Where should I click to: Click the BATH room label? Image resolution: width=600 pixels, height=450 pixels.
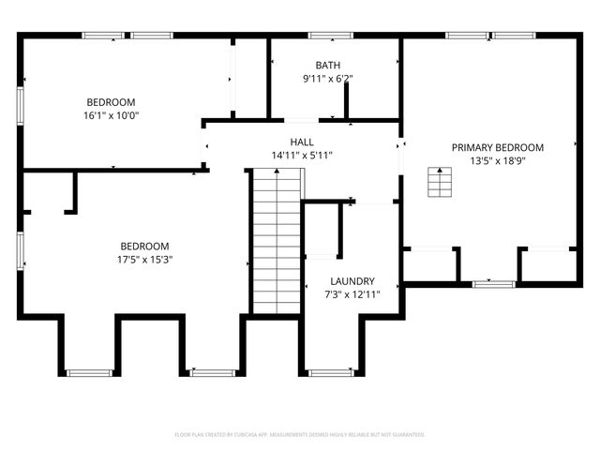pyautogui.click(x=328, y=65)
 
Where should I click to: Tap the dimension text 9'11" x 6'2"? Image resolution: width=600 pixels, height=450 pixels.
pyautogui.click(x=328, y=79)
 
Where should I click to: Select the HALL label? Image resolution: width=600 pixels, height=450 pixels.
pyautogui.click(x=302, y=142)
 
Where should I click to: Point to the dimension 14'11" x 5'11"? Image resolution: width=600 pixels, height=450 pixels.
pyautogui.click(x=302, y=156)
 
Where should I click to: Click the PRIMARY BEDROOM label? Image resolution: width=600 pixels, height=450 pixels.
pyautogui.click(x=498, y=147)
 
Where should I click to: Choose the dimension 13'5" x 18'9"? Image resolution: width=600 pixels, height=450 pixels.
pyautogui.click(x=498, y=161)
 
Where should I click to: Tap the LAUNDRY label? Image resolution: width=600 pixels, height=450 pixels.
pyautogui.click(x=352, y=281)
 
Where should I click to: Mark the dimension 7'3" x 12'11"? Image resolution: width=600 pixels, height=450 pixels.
pyautogui.click(x=352, y=294)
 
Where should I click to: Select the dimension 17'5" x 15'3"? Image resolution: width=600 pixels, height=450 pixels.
pyautogui.click(x=144, y=260)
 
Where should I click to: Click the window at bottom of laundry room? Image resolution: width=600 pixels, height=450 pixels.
pyautogui.click(x=331, y=373)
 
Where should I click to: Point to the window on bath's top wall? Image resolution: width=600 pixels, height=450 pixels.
pyautogui.click(x=330, y=36)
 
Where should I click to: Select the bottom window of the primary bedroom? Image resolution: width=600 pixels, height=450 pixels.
pyautogui.click(x=494, y=283)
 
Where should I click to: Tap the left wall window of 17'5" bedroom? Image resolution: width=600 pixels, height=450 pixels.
pyautogui.click(x=21, y=251)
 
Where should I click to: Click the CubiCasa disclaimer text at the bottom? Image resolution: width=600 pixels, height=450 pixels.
pyautogui.click(x=300, y=435)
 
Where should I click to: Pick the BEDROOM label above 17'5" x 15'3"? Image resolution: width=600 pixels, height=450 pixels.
pyautogui.click(x=144, y=246)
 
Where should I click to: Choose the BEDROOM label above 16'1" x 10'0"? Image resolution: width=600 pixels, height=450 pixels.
pyautogui.click(x=112, y=102)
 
